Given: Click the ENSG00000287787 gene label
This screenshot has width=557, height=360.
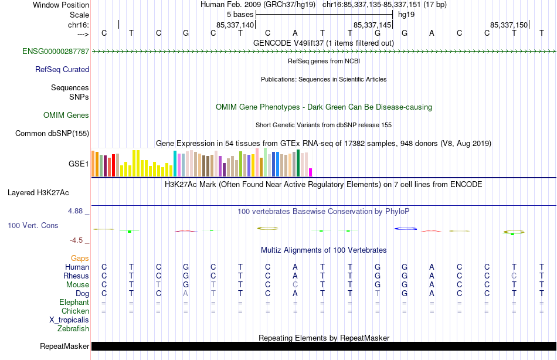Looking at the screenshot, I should click(56, 52).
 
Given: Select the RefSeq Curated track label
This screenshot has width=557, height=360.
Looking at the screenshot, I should click(62, 69).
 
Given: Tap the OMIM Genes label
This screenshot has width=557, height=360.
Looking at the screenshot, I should click(66, 116).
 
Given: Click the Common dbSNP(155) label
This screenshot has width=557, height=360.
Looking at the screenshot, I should click(52, 133).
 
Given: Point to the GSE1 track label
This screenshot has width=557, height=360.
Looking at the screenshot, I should click(79, 164).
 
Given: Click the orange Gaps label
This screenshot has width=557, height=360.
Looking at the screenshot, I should click(80, 258).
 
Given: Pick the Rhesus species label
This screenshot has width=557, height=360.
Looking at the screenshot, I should click(76, 276).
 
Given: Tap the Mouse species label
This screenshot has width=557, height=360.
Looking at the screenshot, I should click(77, 284).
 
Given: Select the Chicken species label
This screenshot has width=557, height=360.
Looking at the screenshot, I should click(75, 311).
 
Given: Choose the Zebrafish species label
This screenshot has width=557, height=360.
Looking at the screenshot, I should click(73, 328).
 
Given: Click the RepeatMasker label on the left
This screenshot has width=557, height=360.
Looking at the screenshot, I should click(64, 347).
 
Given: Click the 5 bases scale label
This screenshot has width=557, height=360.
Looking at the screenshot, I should click(240, 14).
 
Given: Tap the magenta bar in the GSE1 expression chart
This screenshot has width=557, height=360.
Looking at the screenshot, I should click(310, 172).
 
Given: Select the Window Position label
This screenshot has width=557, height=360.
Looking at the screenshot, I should click(61, 5).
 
